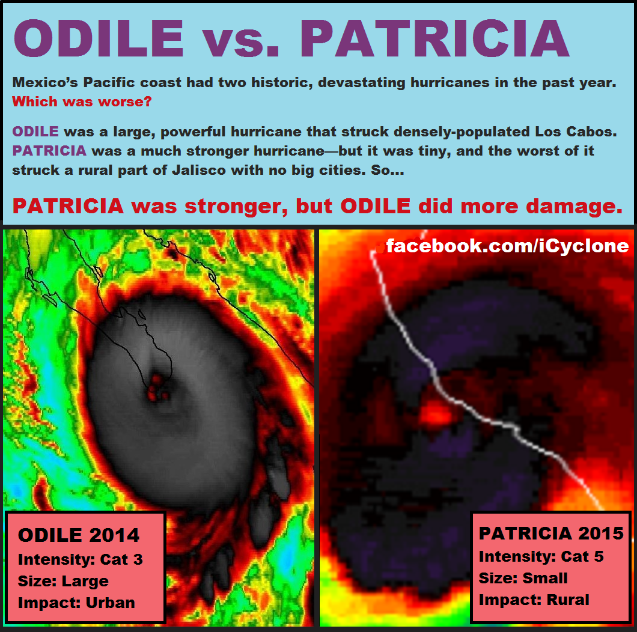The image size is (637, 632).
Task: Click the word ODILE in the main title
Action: coord(99,38)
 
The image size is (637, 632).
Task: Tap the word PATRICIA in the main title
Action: coord(434,38)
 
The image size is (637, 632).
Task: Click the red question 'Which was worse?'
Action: coord(82,102)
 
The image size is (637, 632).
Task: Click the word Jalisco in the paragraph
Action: coord(199,170)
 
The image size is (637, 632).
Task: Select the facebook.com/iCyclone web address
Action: coord(507,246)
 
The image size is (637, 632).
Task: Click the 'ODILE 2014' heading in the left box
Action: coord(79,535)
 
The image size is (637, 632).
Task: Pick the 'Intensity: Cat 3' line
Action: coord(81,559)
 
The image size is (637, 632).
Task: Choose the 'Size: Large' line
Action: coord(63,581)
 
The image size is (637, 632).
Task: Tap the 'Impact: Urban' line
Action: coord(76,603)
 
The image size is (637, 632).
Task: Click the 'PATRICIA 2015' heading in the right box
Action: coord(551,533)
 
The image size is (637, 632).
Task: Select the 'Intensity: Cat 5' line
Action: coord(541,556)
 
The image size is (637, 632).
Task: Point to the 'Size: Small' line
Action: coord(523,578)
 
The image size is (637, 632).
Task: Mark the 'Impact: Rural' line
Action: coord(534,600)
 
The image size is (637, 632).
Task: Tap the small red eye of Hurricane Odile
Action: coord(156,388)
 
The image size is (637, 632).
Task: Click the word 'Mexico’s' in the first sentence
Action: coord(45,82)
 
